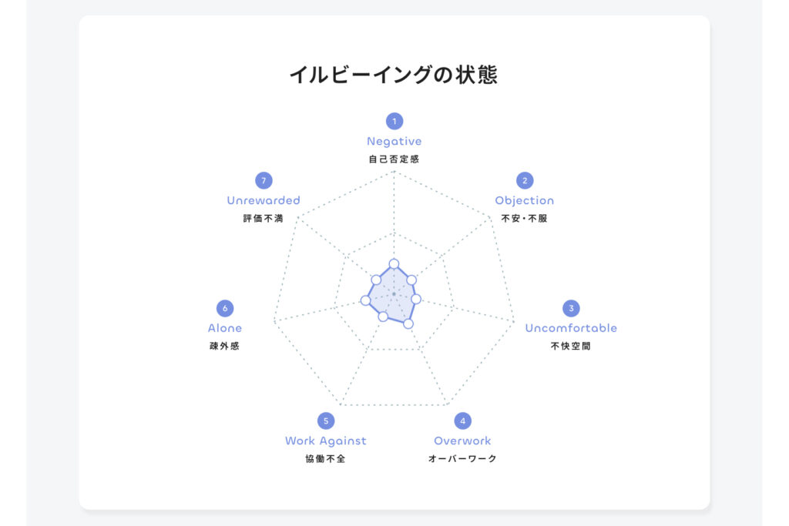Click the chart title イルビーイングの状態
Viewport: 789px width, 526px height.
394,75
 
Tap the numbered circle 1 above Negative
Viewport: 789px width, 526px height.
394,121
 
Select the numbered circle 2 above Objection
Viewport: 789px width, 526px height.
525,180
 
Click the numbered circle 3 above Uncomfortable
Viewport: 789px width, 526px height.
571,308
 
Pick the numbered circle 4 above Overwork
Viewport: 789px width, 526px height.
463,421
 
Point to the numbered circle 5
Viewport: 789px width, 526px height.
326,421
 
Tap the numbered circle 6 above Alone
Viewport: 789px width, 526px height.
225,308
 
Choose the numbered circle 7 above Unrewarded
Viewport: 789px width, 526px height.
264,180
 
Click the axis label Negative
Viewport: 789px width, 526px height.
394,142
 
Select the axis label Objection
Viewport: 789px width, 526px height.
525,201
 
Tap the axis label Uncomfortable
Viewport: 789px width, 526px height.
571,328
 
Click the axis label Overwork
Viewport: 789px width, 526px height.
463,441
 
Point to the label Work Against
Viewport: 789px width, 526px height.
326,441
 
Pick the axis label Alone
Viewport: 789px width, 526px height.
225,328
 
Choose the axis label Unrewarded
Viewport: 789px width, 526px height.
264,200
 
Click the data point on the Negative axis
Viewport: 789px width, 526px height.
394,263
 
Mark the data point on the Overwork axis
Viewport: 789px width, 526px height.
408,324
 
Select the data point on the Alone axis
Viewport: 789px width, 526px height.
366,300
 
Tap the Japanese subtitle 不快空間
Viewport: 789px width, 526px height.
571,346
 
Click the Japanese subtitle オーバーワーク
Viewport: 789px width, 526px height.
462,459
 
